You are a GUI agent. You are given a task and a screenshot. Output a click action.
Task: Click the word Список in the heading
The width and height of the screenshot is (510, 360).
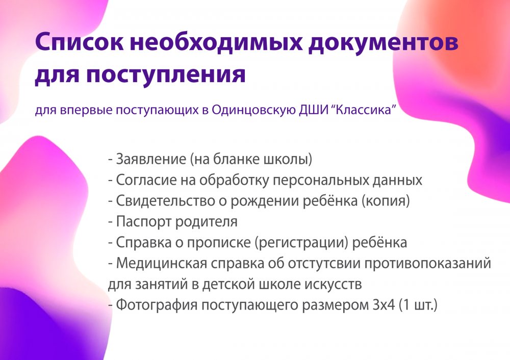tap(80, 42)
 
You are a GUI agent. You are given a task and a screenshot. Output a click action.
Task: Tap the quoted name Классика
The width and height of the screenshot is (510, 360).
tap(364, 110)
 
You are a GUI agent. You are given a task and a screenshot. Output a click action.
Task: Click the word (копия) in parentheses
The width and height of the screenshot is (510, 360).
tap(386, 201)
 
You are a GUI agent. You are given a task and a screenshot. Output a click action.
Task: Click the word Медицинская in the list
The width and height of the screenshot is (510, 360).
tap(161, 263)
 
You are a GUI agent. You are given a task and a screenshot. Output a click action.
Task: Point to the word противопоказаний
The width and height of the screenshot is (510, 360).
tap(427, 263)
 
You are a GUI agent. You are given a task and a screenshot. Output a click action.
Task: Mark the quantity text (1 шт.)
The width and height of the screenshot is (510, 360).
tap(418, 305)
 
